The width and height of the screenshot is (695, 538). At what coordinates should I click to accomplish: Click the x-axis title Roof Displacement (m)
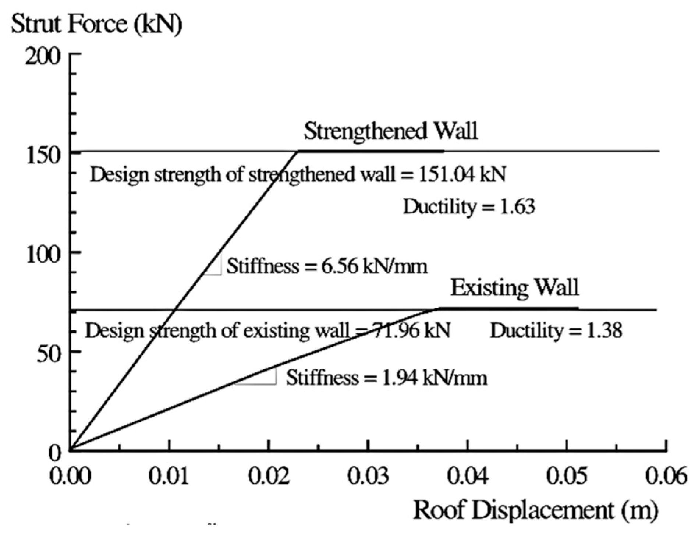pos(536,511)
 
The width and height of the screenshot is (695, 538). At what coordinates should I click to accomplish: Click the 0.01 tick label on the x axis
pos(169,476)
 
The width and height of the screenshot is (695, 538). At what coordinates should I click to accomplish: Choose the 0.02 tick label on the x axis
pos(269,476)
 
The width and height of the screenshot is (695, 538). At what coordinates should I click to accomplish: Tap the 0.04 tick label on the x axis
pos(468,476)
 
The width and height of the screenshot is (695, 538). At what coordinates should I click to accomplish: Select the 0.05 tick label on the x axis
pos(567,476)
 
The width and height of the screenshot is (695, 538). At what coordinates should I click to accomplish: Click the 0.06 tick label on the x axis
pos(666,476)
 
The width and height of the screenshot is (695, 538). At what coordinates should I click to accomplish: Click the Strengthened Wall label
pos(391,131)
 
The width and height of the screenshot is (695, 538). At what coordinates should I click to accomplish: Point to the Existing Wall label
pos(515,288)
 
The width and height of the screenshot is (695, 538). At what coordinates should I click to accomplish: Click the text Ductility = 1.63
pos(469,206)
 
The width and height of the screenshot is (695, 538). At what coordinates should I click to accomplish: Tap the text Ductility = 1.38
pos(556,330)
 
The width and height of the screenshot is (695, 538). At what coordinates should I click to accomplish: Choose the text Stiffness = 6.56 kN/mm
pos(327,266)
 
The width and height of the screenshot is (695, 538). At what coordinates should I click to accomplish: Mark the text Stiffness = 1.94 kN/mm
pos(387,378)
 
